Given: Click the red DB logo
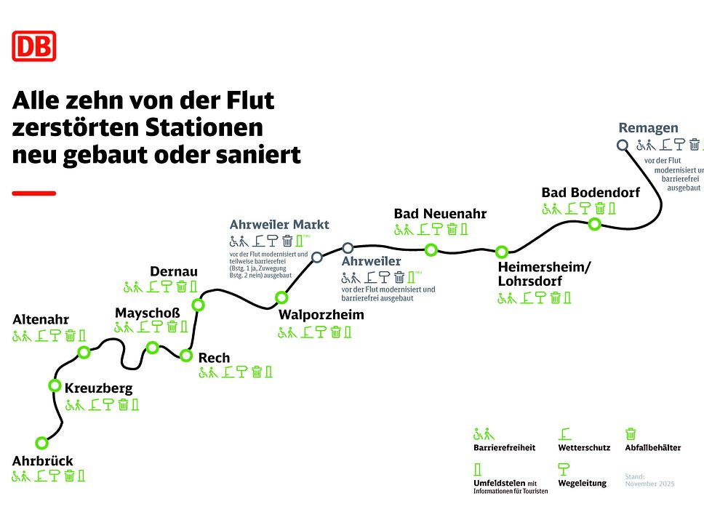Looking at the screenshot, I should tap(33, 47).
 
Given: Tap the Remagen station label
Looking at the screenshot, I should tap(648, 129).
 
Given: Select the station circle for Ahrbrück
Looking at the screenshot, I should tap(41, 442).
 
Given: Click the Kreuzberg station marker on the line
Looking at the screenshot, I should tap(55, 385).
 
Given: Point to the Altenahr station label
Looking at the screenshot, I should tap(41, 319).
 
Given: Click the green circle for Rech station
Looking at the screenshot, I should tap(186, 356).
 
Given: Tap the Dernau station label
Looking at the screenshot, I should tap(174, 271).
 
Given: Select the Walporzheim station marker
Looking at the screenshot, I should tap(281, 297).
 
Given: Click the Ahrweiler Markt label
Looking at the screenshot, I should tap(279, 224).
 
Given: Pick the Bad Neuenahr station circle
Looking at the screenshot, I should tap(431, 250).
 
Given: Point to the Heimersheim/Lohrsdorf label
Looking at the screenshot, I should tap(544, 274).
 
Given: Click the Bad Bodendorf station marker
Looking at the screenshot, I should tap(594, 224).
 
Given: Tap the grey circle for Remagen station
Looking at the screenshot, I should tap(623, 145).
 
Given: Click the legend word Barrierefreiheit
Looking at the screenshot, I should tap(504, 448).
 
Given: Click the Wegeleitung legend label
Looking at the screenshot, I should tap(582, 483).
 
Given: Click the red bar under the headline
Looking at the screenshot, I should tap(33, 193).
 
